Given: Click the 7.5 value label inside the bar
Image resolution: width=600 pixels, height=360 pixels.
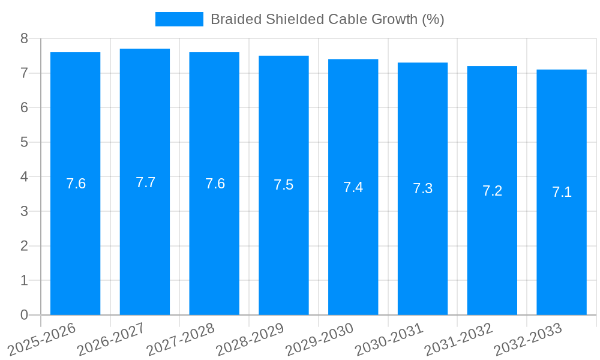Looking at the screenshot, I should pos(284,185).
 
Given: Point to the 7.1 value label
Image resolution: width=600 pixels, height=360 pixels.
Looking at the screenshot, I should pos(562,192).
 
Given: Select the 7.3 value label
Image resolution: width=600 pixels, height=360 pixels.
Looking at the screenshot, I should pos(422,188).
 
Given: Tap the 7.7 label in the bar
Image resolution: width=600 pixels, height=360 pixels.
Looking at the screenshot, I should pos(145,182).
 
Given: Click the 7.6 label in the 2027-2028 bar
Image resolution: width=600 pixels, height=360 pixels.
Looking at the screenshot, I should pos(215,184).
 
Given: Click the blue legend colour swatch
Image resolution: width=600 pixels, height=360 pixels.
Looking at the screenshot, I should pos(179,19).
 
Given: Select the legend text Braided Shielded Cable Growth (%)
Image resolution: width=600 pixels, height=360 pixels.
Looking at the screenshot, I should pos(327,19).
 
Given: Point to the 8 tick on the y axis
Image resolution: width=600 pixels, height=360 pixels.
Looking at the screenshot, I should pos(24,38).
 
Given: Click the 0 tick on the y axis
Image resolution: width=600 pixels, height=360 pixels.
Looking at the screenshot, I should pos(24,315).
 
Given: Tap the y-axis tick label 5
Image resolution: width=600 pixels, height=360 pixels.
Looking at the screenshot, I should pos(24,142).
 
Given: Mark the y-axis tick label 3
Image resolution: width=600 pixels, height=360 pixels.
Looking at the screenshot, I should pos(24,211).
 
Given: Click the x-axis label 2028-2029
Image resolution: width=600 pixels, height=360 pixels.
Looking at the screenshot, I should pos(250,339).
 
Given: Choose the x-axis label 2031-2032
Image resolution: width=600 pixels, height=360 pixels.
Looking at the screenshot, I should pos(458,339).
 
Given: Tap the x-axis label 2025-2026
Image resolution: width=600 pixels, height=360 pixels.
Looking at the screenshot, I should pos(42,339).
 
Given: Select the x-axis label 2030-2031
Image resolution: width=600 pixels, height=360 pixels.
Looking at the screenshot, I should pos(389,339).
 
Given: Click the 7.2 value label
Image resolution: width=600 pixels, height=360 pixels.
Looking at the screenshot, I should pos(492,191).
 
